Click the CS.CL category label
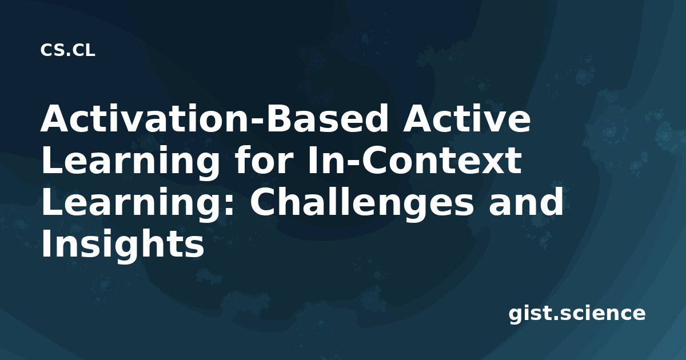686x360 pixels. (67, 50)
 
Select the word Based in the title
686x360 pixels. (326, 118)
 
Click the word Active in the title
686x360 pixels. (466, 118)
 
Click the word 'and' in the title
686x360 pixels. (526, 202)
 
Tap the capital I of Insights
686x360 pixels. (46, 243)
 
